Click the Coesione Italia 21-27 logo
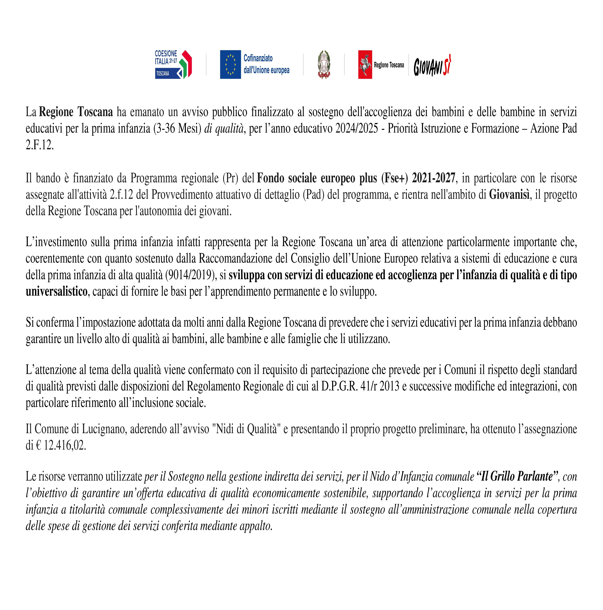click(173, 64)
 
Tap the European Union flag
click(230, 64)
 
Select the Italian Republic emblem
click(324, 64)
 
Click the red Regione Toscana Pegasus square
click(365, 64)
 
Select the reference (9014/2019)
click(191, 275)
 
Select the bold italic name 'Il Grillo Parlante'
click(517, 476)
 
